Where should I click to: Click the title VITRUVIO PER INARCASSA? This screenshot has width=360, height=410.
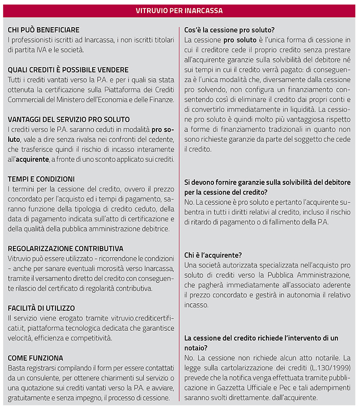click(x=179, y=10)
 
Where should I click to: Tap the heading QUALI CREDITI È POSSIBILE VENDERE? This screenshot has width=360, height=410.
click(x=68, y=70)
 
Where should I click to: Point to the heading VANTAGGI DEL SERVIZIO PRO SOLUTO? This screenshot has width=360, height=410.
click(x=68, y=120)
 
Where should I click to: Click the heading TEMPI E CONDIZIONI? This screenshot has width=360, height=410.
click(x=41, y=179)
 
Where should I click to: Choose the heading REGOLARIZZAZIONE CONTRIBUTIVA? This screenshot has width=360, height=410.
click(x=65, y=249)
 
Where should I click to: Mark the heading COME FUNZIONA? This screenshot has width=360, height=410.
click(x=35, y=358)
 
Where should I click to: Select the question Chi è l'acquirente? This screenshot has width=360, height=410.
click(x=213, y=254)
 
